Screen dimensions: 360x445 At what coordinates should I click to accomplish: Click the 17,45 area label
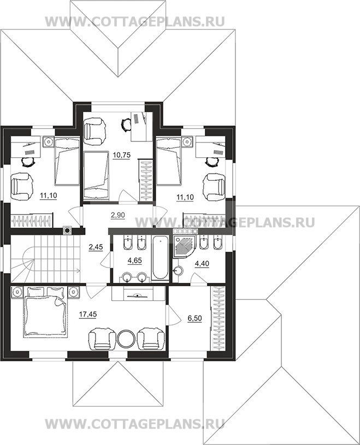click(x=88, y=315)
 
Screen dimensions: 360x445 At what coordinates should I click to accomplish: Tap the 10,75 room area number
click(x=121, y=155)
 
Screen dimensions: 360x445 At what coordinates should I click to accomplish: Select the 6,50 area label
click(x=194, y=318)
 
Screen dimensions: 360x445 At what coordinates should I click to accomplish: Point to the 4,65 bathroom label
click(x=134, y=260)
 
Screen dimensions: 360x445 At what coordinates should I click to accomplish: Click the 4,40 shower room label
click(x=202, y=264)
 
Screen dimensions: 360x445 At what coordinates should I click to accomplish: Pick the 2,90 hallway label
click(x=117, y=215)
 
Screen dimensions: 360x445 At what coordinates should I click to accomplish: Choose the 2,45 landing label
click(x=96, y=247)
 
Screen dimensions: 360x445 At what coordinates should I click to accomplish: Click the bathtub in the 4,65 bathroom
click(x=161, y=259)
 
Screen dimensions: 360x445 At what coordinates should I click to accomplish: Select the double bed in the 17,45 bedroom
click(x=45, y=312)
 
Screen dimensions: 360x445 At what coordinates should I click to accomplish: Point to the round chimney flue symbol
click(x=67, y=231)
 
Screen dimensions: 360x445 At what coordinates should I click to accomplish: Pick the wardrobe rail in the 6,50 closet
click(x=218, y=319)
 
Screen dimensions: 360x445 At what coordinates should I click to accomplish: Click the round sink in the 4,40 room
click(x=179, y=271)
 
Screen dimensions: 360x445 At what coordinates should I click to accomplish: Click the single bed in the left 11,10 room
click(x=67, y=161)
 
